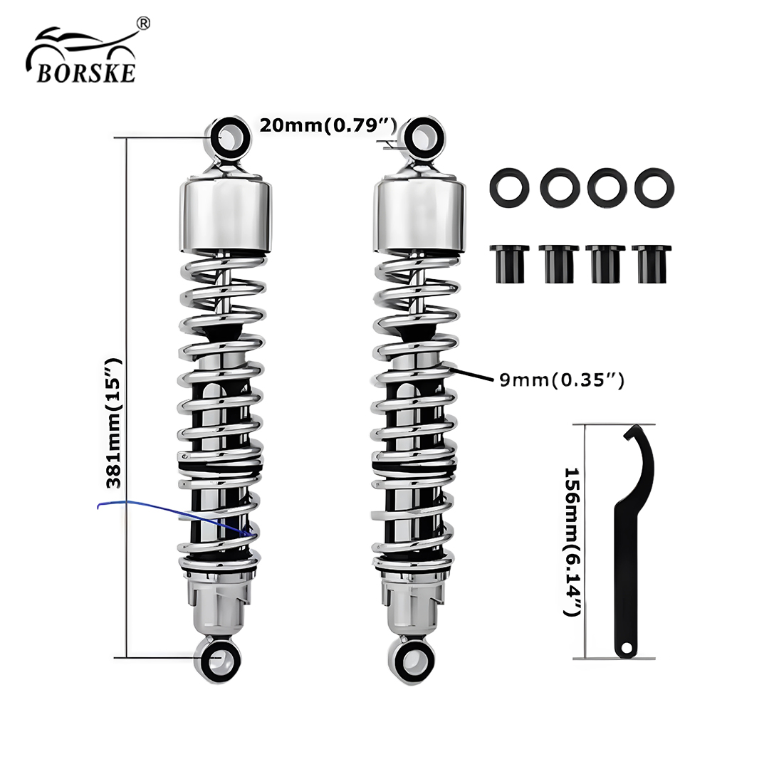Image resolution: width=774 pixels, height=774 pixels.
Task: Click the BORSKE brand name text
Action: click(x=86, y=73)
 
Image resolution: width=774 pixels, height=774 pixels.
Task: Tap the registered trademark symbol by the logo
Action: click(x=142, y=23)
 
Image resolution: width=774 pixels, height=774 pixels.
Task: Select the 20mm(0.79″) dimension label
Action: click(x=328, y=125)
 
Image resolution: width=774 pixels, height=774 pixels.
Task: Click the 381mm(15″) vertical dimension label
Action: click(x=113, y=423)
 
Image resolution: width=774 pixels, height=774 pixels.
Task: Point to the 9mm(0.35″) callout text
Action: click(x=562, y=380)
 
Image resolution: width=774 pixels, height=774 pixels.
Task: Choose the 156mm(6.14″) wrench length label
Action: click(x=572, y=542)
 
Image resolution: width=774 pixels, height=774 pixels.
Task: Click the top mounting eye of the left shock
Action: click(x=229, y=137)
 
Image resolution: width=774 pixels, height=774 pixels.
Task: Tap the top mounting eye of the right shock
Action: click(x=422, y=136)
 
